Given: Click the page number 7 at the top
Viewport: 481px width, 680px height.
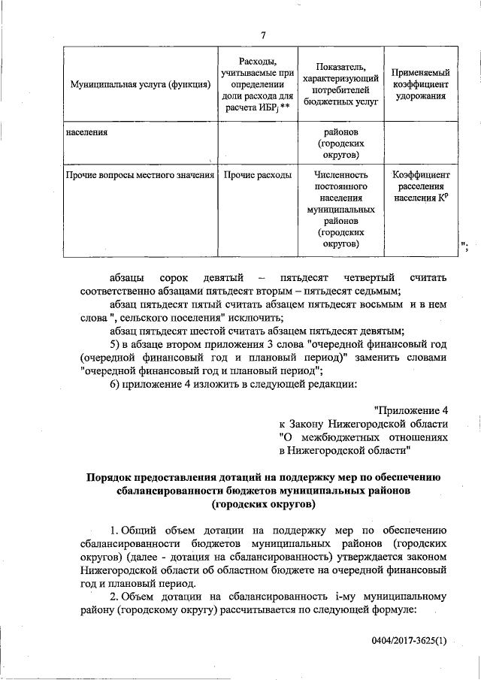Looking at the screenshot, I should (x=264, y=35).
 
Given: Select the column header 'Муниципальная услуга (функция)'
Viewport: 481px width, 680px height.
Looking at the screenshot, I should (x=139, y=85).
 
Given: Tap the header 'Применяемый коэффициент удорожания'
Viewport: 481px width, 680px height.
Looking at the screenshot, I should (x=421, y=85).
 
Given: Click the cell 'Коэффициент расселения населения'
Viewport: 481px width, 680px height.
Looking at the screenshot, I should (x=421, y=186).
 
